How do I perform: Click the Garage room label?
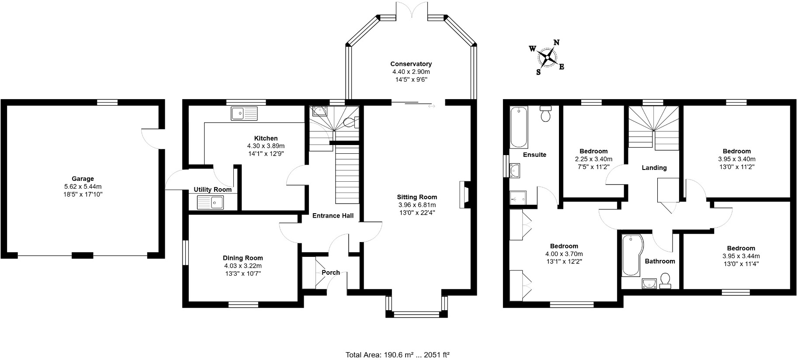click(83, 179)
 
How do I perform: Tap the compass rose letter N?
click(557, 43)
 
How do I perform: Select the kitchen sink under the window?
click(245, 114)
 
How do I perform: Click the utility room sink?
click(210, 202)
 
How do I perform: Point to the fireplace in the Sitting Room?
click(464, 194)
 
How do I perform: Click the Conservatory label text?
click(411, 64)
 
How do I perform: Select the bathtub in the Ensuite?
click(519, 127)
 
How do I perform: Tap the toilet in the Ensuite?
click(545, 114)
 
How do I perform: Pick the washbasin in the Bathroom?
click(649, 284)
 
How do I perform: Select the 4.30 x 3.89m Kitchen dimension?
click(266, 146)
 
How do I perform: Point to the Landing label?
click(654, 168)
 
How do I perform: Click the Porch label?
click(330, 273)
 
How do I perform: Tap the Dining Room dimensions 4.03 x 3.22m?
click(243, 266)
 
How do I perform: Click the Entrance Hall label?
click(333, 215)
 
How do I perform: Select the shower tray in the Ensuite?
click(518, 198)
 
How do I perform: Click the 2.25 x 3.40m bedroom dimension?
click(593, 159)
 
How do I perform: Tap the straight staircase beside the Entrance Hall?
click(347, 175)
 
